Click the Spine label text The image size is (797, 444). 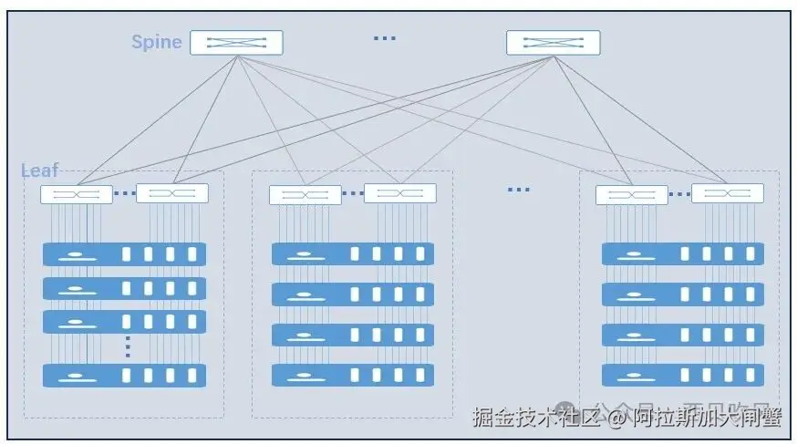click(157, 42)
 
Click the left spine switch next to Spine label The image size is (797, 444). click(236, 42)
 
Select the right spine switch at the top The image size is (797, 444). click(553, 42)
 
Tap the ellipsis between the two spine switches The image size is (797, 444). click(385, 38)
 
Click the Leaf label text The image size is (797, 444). click(39, 170)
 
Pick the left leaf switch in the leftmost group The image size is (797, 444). click(77, 194)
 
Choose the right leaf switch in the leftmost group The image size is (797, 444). click(172, 193)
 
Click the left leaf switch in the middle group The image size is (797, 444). click(305, 194)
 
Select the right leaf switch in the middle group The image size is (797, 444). click(400, 193)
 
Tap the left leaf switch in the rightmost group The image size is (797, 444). click(632, 194)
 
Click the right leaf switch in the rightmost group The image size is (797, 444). click(727, 193)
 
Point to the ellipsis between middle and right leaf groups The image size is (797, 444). click(518, 190)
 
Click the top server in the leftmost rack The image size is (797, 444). click(124, 254)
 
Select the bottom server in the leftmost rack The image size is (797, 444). click(124, 376)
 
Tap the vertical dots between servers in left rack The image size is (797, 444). click(128, 346)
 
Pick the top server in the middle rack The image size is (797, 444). click(353, 254)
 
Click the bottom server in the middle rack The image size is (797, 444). click(353, 376)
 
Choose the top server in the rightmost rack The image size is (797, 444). click(683, 254)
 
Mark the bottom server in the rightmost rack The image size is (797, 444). click(683, 375)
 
